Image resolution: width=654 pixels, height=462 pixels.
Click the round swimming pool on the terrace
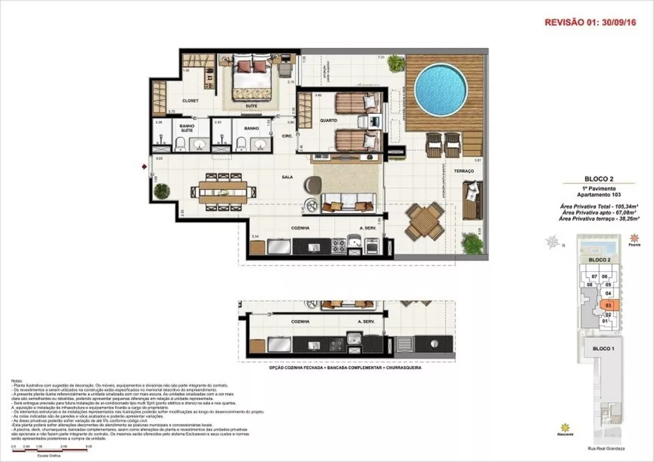pos(441,90)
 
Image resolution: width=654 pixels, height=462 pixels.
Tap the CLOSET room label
pos(190,101)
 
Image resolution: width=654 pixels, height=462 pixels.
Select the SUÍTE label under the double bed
pos(250,105)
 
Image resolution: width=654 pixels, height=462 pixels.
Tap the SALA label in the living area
pos(286,176)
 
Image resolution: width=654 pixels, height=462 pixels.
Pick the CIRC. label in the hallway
pos(286,136)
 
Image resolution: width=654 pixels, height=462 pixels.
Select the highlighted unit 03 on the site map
pos(608,305)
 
